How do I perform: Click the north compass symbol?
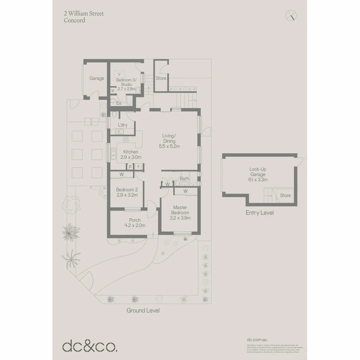pyautogui.click(x=291, y=15)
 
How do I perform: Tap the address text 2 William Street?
pyautogui.click(x=84, y=14)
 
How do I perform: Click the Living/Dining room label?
pyautogui.click(x=169, y=141)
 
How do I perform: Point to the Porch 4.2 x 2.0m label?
pyautogui.click(x=135, y=223)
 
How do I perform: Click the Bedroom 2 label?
pyautogui.click(x=127, y=192)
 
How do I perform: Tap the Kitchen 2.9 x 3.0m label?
pyautogui.click(x=130, y=154)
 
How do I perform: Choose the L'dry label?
pyautogui.click(x=123, y=125)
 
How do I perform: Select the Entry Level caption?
pyautogui.click(x=259, y=213)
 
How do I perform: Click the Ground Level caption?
pyautogui.click(x=143, y=310)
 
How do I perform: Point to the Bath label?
pyautogui.click(x=184, y=179)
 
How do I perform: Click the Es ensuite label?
pyautogui.click(x=119, y=103)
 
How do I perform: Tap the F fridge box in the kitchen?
pyautogui.click(x=138, y=167)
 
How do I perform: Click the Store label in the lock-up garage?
pyautogui.click(x=285, y=196)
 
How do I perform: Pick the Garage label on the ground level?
pyautogui.click(x=97, y=78)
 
